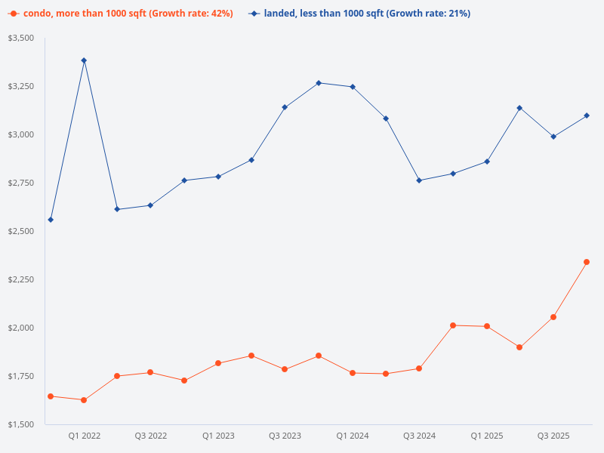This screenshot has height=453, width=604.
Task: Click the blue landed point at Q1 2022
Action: click(x=84, y=60)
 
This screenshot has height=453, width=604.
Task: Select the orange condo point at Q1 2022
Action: click(x=84, y=400)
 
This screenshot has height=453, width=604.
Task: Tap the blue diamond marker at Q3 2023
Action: click(x=285, y=107)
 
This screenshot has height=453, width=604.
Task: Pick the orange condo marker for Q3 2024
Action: click(x=419, y=368)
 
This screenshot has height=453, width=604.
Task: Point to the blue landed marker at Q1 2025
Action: click(x=487, y=162)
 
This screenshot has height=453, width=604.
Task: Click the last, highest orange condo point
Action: click(x=587, y=262)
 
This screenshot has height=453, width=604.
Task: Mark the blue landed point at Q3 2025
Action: click(x=553, y=137)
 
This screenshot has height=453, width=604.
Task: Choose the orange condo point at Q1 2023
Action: click(x=218, y=363)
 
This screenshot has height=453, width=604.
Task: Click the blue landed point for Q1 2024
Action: click(x=353, y=87)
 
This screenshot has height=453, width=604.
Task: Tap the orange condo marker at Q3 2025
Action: click(x=553, y=317)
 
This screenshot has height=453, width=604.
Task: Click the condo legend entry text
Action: click(x=128, y=14)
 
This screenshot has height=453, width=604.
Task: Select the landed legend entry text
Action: click(x=366, y=14)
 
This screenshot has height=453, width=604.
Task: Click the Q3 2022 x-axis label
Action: click(x=151, y=436)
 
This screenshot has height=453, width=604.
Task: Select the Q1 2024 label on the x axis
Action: click(x=353, y=436)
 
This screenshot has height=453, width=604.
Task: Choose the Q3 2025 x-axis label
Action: click(x=553, y=436)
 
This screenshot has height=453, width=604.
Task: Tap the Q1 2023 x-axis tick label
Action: click(x=218, y=436)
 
